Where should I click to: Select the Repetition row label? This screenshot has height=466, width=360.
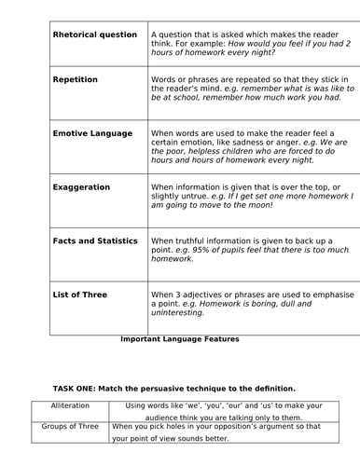(x=76, y=79)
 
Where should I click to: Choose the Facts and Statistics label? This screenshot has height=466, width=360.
(x=95, y=240)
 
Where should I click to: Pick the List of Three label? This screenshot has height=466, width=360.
(x=80, y=295)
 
